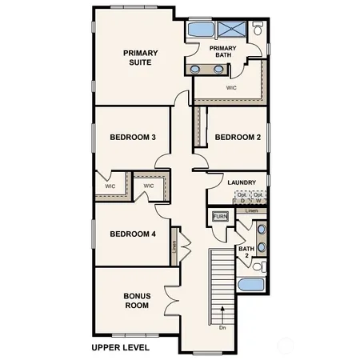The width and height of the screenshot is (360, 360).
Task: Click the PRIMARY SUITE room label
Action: click(140, 58)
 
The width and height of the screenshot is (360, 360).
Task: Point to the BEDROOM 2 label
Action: click(238, 138)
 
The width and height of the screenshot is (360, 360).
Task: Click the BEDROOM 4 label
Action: click(132, 234)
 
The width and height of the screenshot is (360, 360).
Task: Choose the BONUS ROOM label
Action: click(137, 300)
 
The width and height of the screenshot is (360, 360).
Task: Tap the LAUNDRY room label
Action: click(242, 182)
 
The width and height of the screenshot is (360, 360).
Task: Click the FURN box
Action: click(221, 217)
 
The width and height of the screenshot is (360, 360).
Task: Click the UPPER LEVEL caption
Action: click(121, 348)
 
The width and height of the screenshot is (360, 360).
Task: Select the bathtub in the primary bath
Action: click(200, 30)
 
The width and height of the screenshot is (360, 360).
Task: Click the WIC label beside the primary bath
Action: click(231, 87)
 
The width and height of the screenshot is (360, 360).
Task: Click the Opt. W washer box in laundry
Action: click(258, 197)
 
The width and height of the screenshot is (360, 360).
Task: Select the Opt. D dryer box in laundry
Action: click(242, 197)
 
